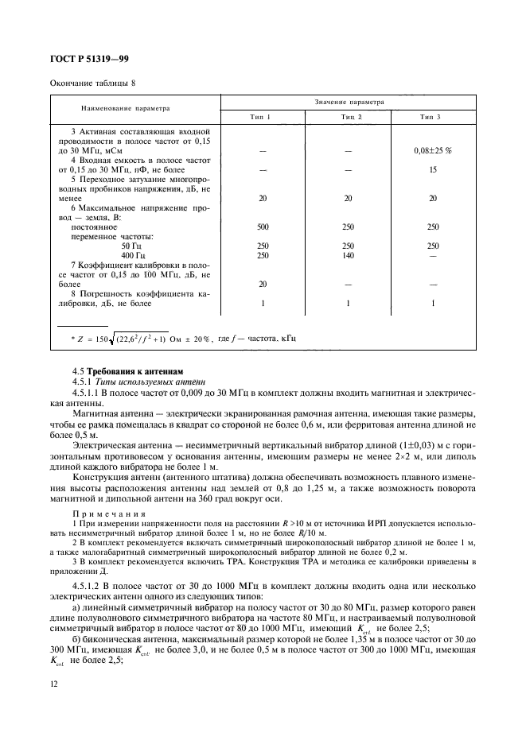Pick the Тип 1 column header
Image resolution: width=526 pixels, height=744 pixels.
(x=263, y=117)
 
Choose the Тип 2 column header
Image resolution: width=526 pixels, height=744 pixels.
(x=348, y=117)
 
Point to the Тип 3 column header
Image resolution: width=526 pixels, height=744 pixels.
(x=432, y=117)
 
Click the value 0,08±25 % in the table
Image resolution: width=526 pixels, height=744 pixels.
(x=433, y=149)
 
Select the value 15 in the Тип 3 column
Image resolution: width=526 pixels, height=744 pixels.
(x=433, y=169)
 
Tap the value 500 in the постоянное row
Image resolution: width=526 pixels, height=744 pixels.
(x=263, y=227)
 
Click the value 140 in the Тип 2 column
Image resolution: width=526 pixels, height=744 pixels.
(x=348, y=255)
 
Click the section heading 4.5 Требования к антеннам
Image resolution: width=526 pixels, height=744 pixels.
(x=127, y=371)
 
